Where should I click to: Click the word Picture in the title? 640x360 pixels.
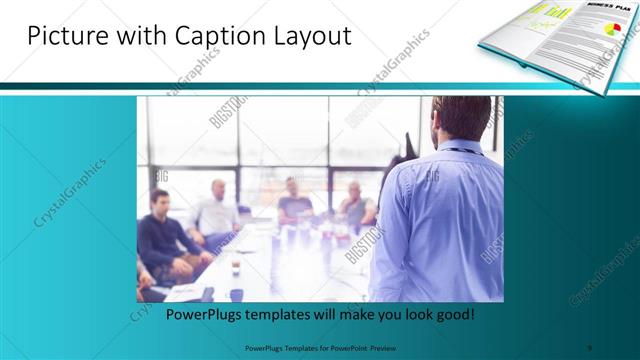click(x=63, y=37)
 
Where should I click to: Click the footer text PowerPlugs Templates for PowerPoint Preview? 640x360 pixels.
click(x=319, y=348)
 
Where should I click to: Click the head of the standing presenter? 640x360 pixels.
click(x=462, y=121)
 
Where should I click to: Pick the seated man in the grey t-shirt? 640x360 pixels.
click(x=295, y=200)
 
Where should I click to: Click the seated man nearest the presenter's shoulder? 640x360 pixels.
click(x=355, y=200)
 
